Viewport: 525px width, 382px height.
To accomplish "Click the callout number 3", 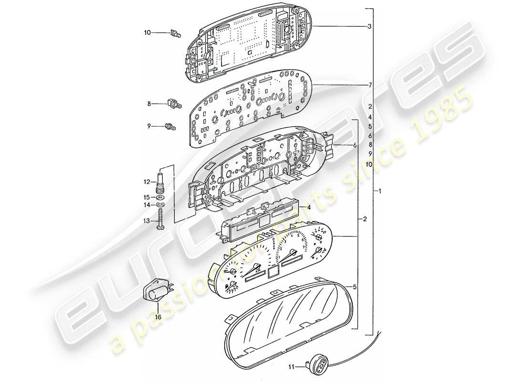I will (369, 27).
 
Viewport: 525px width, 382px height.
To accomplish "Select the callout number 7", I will (369, 85).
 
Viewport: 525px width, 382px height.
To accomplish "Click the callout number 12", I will (148, 181).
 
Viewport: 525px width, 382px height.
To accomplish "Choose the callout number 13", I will (148, 221).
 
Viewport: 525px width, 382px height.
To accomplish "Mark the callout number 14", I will (148, 204).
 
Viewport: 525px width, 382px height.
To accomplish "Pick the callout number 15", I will (148, 197).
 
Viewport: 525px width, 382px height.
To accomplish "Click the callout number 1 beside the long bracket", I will (379, 191).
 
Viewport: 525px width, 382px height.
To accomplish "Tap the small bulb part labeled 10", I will (175, 34).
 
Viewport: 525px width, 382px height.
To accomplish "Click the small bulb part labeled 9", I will (168, 127).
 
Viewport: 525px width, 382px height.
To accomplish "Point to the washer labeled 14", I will (160, 205).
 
